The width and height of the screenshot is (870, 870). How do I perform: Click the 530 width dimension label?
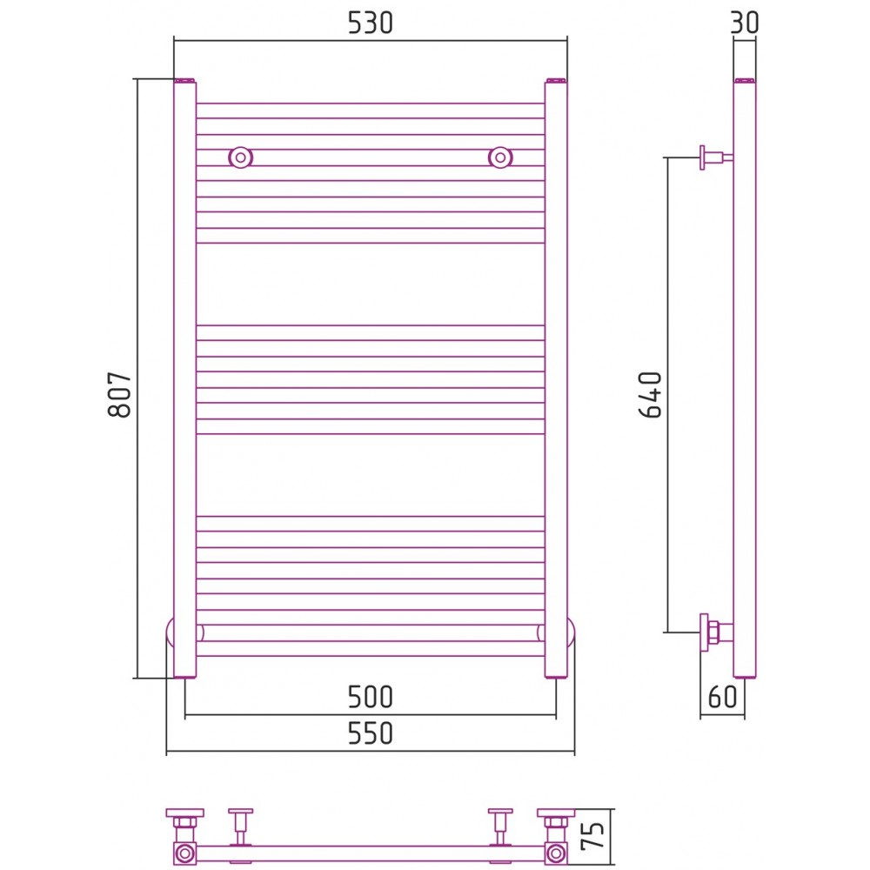370,23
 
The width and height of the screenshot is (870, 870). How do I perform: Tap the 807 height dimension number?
120,394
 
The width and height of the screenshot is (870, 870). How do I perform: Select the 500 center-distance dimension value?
370,697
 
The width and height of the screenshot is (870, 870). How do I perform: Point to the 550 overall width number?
370,733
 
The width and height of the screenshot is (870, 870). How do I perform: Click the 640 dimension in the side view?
650,394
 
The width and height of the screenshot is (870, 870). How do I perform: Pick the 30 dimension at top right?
745,23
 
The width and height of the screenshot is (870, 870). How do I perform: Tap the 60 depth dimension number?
722,697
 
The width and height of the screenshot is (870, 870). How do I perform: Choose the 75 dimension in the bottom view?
592,836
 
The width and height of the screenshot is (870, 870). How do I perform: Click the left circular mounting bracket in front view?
240,157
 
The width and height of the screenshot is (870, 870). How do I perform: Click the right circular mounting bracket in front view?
500,157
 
